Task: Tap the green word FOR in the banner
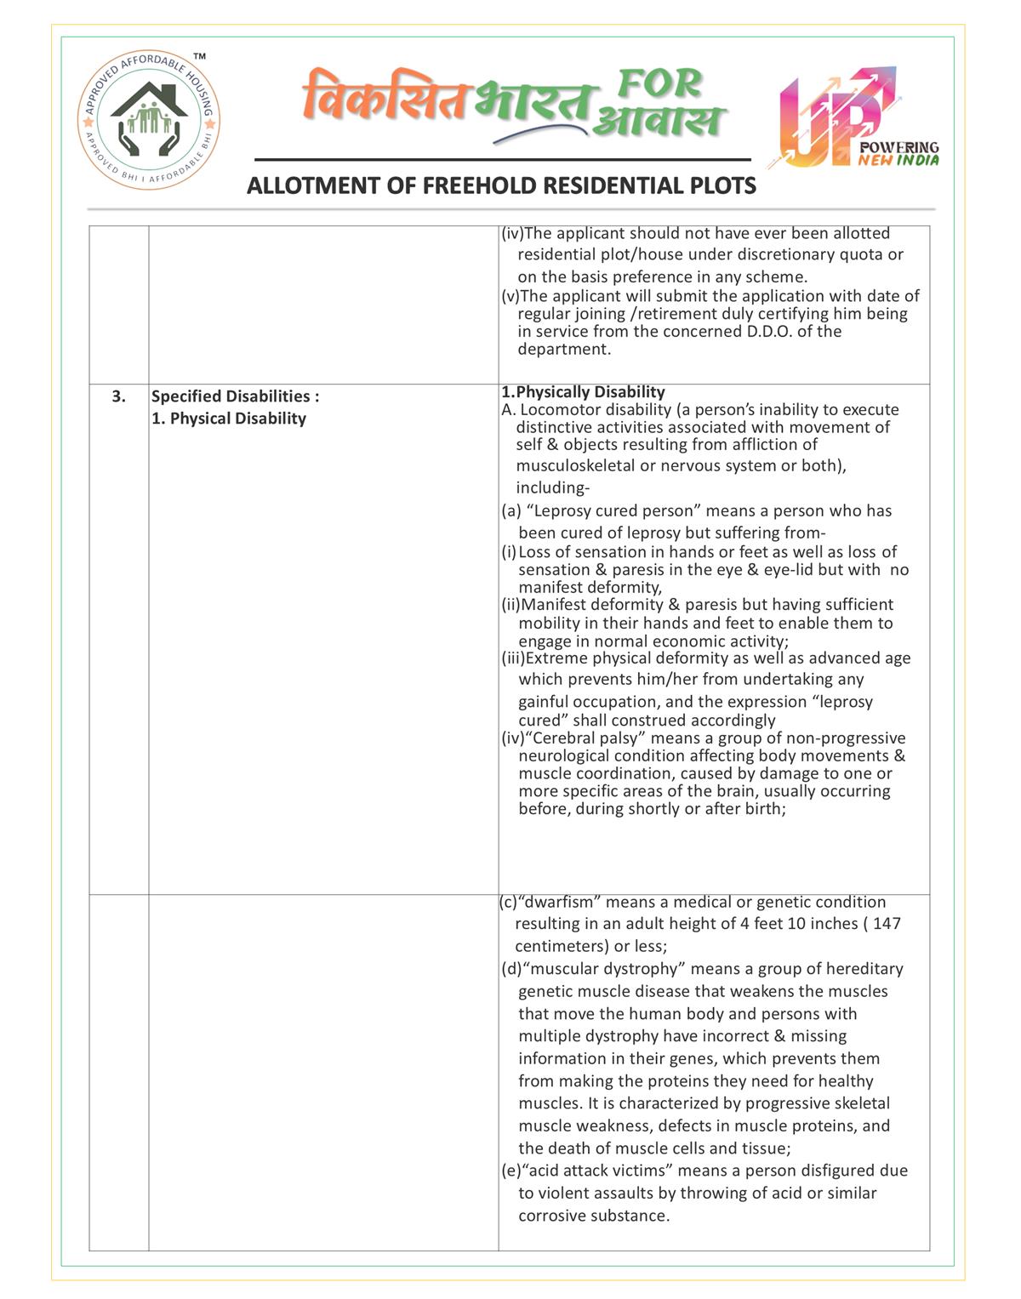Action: (x=659, y=83)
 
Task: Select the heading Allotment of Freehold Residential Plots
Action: (x=501, y=185)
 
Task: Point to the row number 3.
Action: (x=119, y=396)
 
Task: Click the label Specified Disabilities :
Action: (x=236, y=396)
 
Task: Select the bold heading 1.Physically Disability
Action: (x=584, y=392)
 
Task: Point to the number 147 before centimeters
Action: (x=887, y=924)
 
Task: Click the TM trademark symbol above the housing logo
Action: (x=199, y=57)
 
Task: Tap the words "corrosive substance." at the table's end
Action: (x=594, y=1216)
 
